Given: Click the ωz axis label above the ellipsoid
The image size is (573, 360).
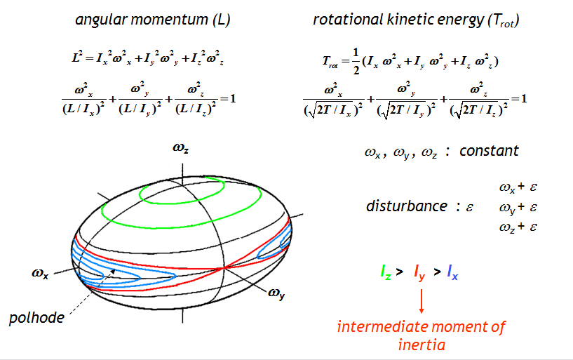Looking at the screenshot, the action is tap(180, 148).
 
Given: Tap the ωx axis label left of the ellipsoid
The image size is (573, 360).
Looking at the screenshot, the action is tap(40, 273).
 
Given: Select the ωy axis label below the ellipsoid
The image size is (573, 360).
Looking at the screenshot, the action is tap(276, 293).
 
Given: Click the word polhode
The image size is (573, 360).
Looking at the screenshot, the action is tap(36, 318).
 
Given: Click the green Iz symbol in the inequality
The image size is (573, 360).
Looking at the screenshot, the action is tap(386, 272).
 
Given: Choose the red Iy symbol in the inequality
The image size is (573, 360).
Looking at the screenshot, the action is tap(419, 273).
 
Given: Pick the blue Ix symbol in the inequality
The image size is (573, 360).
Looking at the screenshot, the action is tap(452, 272).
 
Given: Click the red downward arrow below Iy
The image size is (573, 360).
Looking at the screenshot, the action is tap(422, 301).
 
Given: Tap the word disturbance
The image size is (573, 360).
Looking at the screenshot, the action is tap(406, 206).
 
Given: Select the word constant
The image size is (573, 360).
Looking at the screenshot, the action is tap(489, 151).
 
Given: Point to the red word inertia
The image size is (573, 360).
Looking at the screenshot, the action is tap(422, 345).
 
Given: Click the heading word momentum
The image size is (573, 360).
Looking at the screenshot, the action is tap(169, 20).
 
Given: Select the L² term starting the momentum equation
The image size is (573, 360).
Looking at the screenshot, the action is tap(76, 58).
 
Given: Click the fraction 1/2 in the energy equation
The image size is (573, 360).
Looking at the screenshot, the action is tap(356, 60).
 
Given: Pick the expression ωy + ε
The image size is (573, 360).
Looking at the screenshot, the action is tap(518, 208).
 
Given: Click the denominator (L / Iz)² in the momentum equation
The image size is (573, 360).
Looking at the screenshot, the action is tap(196, 109).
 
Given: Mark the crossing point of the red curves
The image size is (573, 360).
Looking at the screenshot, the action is tap(224, 268).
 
